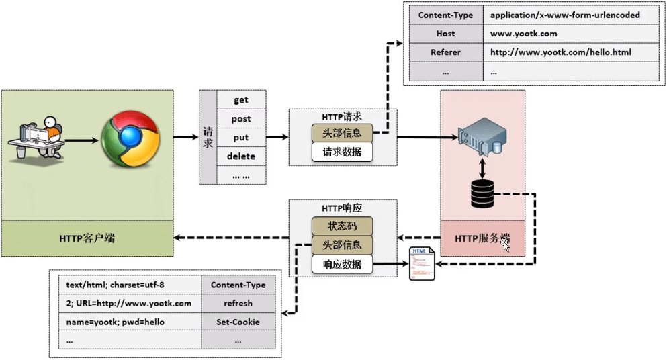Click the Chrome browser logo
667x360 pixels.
click(131, 140)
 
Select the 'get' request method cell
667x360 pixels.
click(241, 100)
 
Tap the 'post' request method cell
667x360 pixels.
click(241, 119)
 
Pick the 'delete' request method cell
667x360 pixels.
click(241, 156)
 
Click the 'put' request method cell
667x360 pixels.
click(241, 138)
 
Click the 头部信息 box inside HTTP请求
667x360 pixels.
click(342, 133)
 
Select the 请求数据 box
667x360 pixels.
click(342, 152)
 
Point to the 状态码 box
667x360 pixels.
click(342, 226)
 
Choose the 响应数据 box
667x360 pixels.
click(342, 265)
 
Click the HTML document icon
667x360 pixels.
click(422, 264)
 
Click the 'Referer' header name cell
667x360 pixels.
click(445, 52)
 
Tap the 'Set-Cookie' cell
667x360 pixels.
click(238, 322)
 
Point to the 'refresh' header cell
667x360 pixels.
click(238, 303)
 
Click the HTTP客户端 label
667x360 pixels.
click(87, 238)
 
